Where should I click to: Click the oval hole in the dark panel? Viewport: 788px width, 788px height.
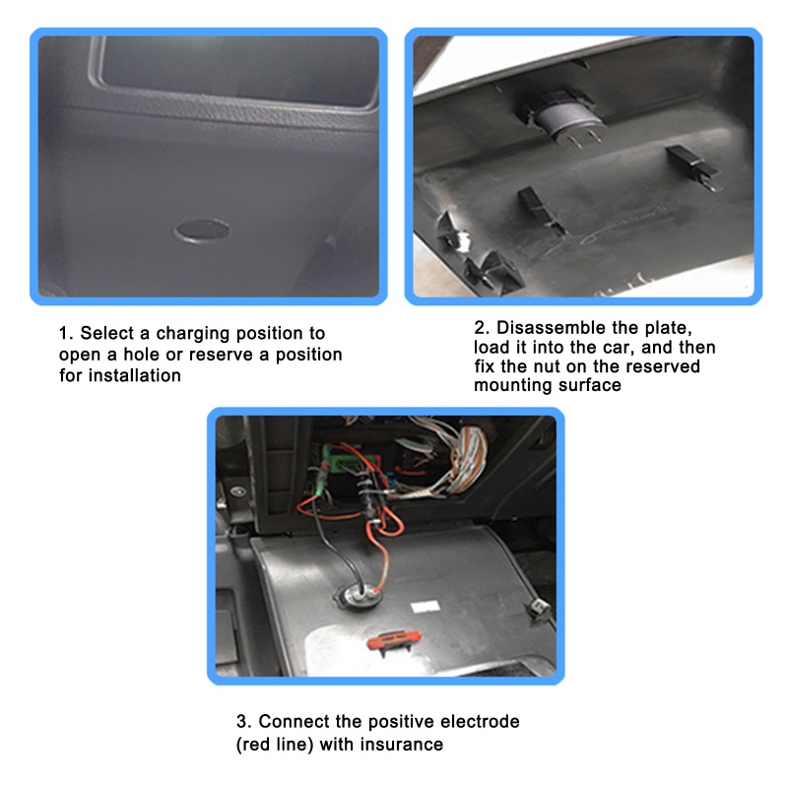[202, 231]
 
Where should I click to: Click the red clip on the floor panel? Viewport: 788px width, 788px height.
[393, 639]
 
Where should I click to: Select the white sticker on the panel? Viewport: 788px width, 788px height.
[426, 606]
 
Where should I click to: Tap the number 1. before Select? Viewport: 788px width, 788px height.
[66, 333]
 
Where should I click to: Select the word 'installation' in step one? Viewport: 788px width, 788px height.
[134, 375]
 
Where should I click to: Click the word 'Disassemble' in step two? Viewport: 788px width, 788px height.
[551, 328]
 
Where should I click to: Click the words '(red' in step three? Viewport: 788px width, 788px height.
[254, 745]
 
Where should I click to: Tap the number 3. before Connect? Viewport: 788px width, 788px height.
[243, 722]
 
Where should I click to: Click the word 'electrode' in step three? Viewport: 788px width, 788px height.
[480, 721]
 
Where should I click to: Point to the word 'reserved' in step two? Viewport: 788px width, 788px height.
[662, 366]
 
